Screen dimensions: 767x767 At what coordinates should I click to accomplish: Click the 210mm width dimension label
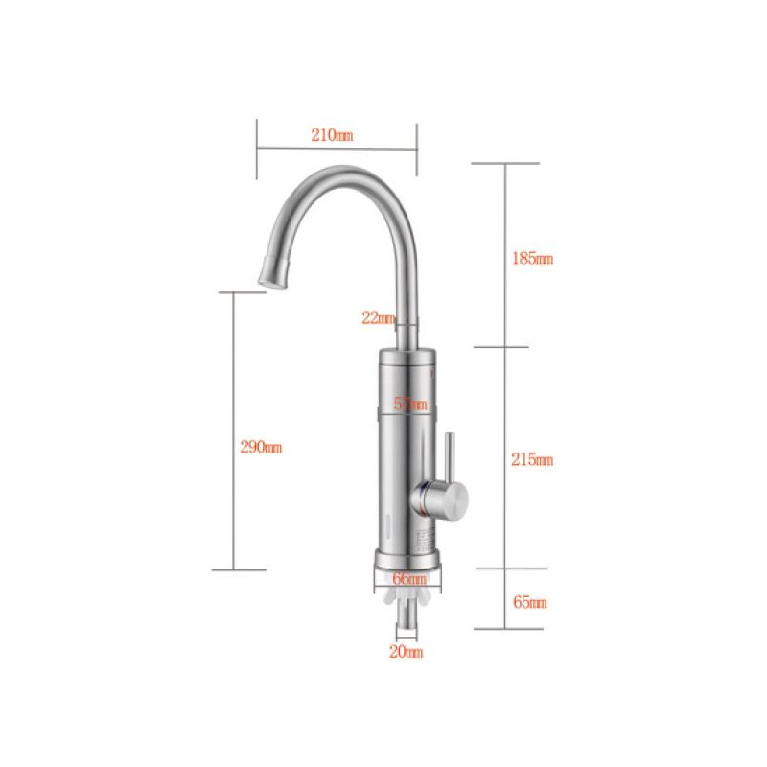tap(332, 135)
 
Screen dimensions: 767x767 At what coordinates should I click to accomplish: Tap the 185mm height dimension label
tap(532, 258)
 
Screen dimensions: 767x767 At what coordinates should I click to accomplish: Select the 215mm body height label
tap(532, 459)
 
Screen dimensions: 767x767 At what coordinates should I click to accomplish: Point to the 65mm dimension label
tap(530, 602)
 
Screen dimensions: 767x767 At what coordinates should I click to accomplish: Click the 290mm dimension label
tap(261, 447)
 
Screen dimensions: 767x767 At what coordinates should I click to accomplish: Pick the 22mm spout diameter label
tap(378, 318)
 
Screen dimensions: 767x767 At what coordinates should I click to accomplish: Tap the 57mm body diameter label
tap(410, 404)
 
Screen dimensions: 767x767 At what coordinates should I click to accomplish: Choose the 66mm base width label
tap(409, 579)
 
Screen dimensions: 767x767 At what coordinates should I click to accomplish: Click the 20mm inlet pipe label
tap(406, 652)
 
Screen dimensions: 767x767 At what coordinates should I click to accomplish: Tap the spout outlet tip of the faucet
tap(271, 283)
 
